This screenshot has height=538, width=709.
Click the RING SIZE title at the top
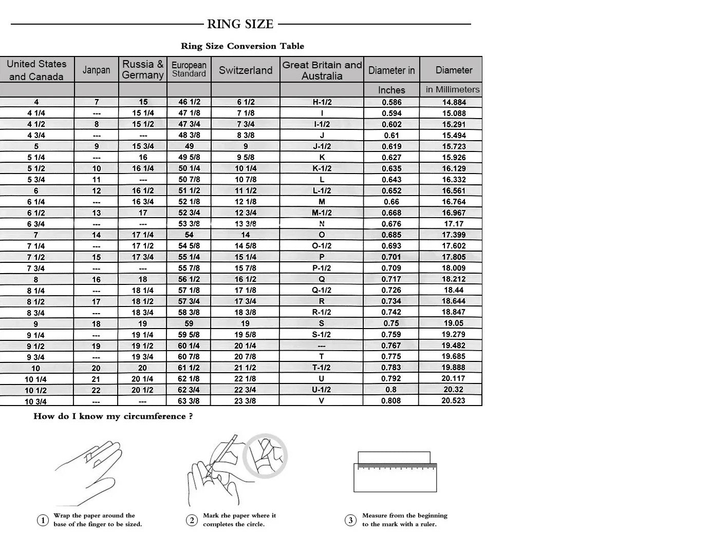[x=240, y=24]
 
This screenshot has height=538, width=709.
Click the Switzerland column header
[x=246, y=70]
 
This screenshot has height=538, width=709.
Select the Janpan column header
[x=96, y=70]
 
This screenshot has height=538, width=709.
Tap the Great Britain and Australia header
[x=322, y=70]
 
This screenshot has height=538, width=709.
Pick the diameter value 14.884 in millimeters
[x=454, y=102]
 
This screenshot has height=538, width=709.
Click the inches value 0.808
[x=391, y=400]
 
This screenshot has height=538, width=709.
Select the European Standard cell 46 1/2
[x=189, y=102]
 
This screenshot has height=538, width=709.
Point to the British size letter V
[x=322, y=400]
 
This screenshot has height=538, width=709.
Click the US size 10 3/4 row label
[x=36, y=401]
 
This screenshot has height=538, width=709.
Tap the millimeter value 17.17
[x=454, y=224]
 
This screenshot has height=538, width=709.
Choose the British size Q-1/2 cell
[x=322, y=290]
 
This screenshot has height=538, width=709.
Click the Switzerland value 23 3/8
[x=245, y=400]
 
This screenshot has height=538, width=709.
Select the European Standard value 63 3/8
[x=189, y=400]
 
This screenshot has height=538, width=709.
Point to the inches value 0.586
[x=391, y=102]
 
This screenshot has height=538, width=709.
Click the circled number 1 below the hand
[x=43, y=521]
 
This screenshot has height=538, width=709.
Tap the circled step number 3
[x=350, y=521]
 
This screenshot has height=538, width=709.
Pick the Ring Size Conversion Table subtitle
[x=242, y=46]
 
